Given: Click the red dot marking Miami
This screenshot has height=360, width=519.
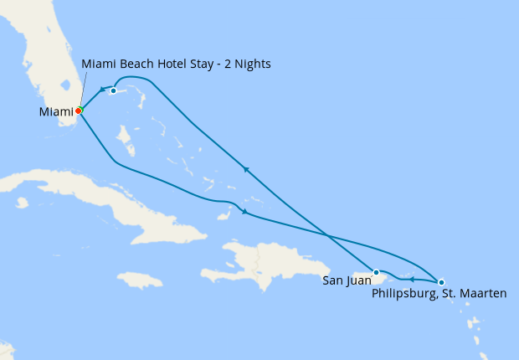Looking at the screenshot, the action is tap(78, 111).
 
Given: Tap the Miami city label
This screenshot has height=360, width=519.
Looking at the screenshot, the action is tap(55, 111).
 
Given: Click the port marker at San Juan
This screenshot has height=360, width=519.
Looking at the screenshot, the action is tap(377, 272).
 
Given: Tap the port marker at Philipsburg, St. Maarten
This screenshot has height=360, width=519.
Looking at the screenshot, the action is tap(441, 282).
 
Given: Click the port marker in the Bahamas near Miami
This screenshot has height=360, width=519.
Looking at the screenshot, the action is tap(113, 90).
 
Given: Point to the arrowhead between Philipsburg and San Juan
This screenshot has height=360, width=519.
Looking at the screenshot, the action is tap(412, 279).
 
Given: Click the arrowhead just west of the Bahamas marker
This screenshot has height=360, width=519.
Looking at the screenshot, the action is tap(101, 90).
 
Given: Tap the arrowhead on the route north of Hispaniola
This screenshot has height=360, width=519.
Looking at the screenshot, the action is tap(244, 212).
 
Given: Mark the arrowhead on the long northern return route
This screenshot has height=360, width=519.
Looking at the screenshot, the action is tap(245, 169).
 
